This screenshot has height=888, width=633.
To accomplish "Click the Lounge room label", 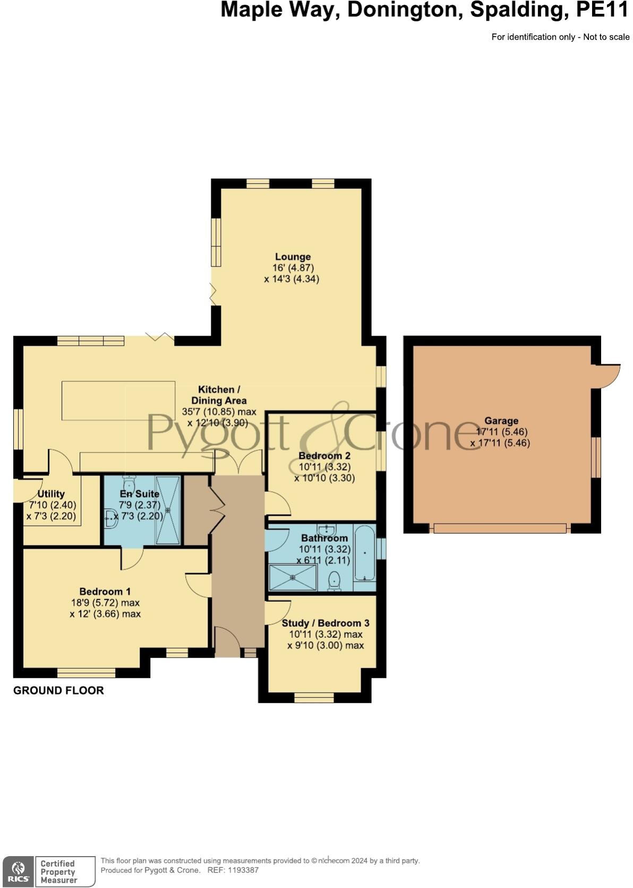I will click(293, 257).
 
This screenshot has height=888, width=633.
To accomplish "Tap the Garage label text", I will click(501, 421).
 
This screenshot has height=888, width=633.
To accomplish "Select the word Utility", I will click(51, 494).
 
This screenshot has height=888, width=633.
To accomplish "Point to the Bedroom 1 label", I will click(105, 592).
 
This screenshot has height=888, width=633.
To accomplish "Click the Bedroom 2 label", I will click(324, 456).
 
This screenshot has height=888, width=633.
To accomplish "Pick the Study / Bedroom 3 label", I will click(326, 623).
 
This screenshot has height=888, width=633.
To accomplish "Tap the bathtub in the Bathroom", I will click(365, 553).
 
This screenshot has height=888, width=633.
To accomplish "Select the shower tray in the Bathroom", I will click(293, 577).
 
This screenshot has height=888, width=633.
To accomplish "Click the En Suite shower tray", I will click(168, 510).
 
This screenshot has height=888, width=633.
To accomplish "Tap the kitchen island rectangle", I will click(118, 400).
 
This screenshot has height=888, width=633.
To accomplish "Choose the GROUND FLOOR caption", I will click(58, 690).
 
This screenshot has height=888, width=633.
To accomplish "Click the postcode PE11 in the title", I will click(603, 10).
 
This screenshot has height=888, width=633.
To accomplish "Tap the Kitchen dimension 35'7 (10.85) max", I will click(219, 412).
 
